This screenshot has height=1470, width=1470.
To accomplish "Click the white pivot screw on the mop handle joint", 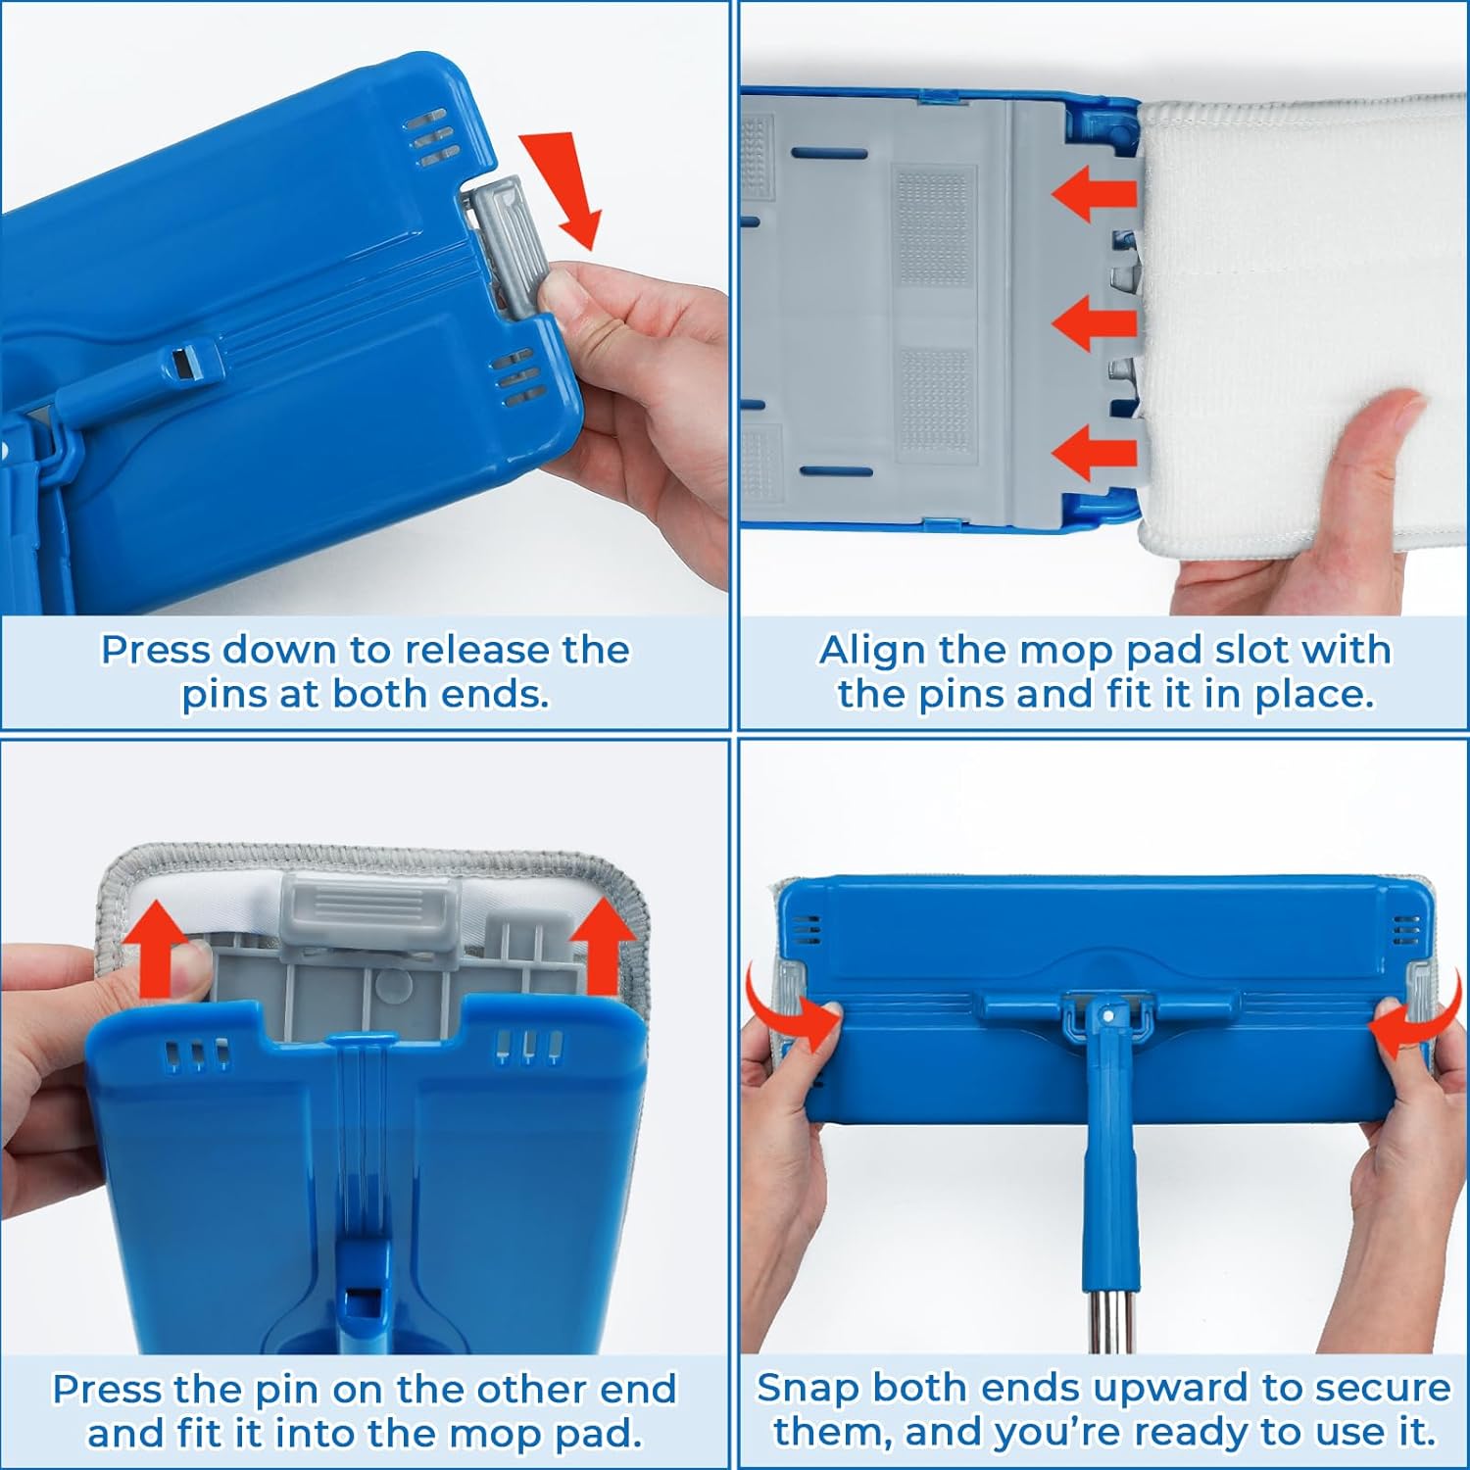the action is coord(1108,1016).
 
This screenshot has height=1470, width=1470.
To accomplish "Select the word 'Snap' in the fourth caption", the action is coord(809,1390).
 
